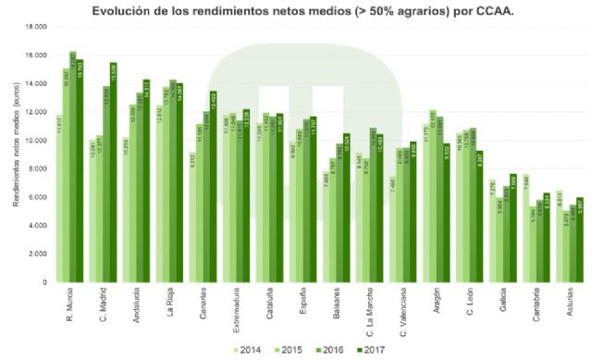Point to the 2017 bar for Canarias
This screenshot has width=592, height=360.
[x=213, y=186]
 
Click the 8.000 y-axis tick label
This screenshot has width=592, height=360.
[x=37, y=168]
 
